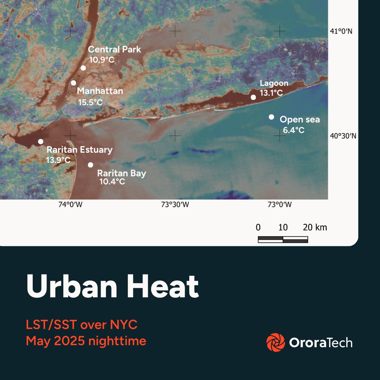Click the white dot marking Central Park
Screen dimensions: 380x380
(x=83, y=68)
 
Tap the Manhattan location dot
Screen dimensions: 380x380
(x=74, y=83)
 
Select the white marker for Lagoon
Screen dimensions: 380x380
(x=253, y=97)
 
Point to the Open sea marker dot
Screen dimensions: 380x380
(x=271, y=117)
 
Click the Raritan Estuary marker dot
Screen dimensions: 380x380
(x=40, y=141)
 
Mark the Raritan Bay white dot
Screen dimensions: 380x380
(x=90, y=165)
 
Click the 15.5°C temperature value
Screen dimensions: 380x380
(x=90, y=102)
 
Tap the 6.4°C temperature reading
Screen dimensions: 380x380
(x=294, y=131)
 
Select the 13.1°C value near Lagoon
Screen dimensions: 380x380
(x=272, y=93)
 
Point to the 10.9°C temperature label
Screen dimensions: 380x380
(x=102, y=59)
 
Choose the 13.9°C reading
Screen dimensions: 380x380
(x=58, y=160)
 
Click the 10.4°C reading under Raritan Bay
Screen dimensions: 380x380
(x=112, y=182)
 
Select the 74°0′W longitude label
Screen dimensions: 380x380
(x=70, y=205)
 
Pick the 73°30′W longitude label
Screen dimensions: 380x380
(x=175, y=205)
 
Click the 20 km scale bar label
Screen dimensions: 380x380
(x=315, y=227)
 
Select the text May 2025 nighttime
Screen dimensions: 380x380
(x=86, y=341)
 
